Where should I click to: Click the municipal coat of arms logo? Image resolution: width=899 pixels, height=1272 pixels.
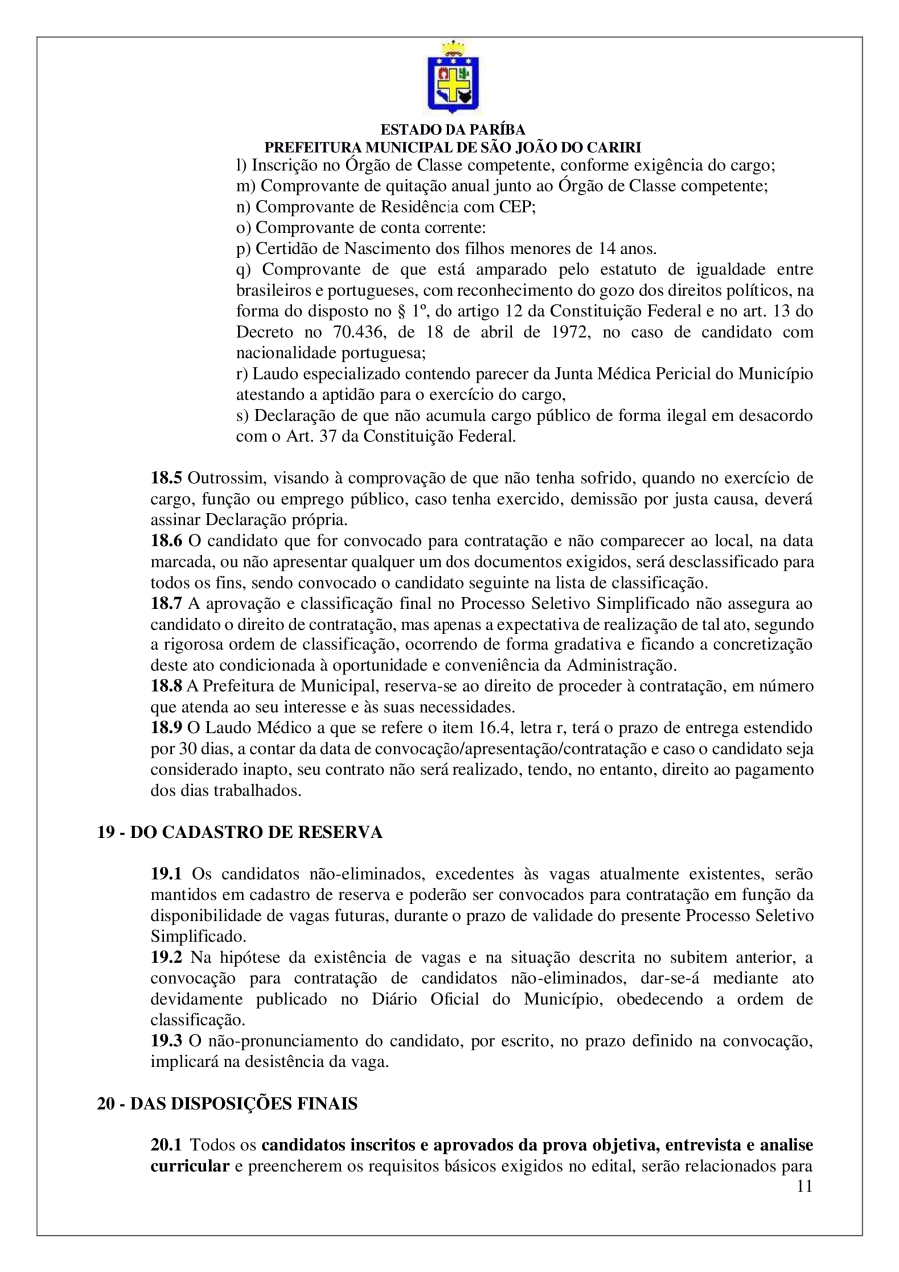click(452, 77)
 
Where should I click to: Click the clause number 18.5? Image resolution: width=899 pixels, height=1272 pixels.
click(167, 477)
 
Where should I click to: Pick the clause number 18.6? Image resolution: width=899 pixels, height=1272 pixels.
click(167, 540)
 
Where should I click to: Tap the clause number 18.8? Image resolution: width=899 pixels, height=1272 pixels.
click(167, 684)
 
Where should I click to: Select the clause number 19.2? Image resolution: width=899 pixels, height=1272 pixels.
click(167, 957)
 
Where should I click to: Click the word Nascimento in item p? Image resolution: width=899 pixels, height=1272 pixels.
click(359, 248)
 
